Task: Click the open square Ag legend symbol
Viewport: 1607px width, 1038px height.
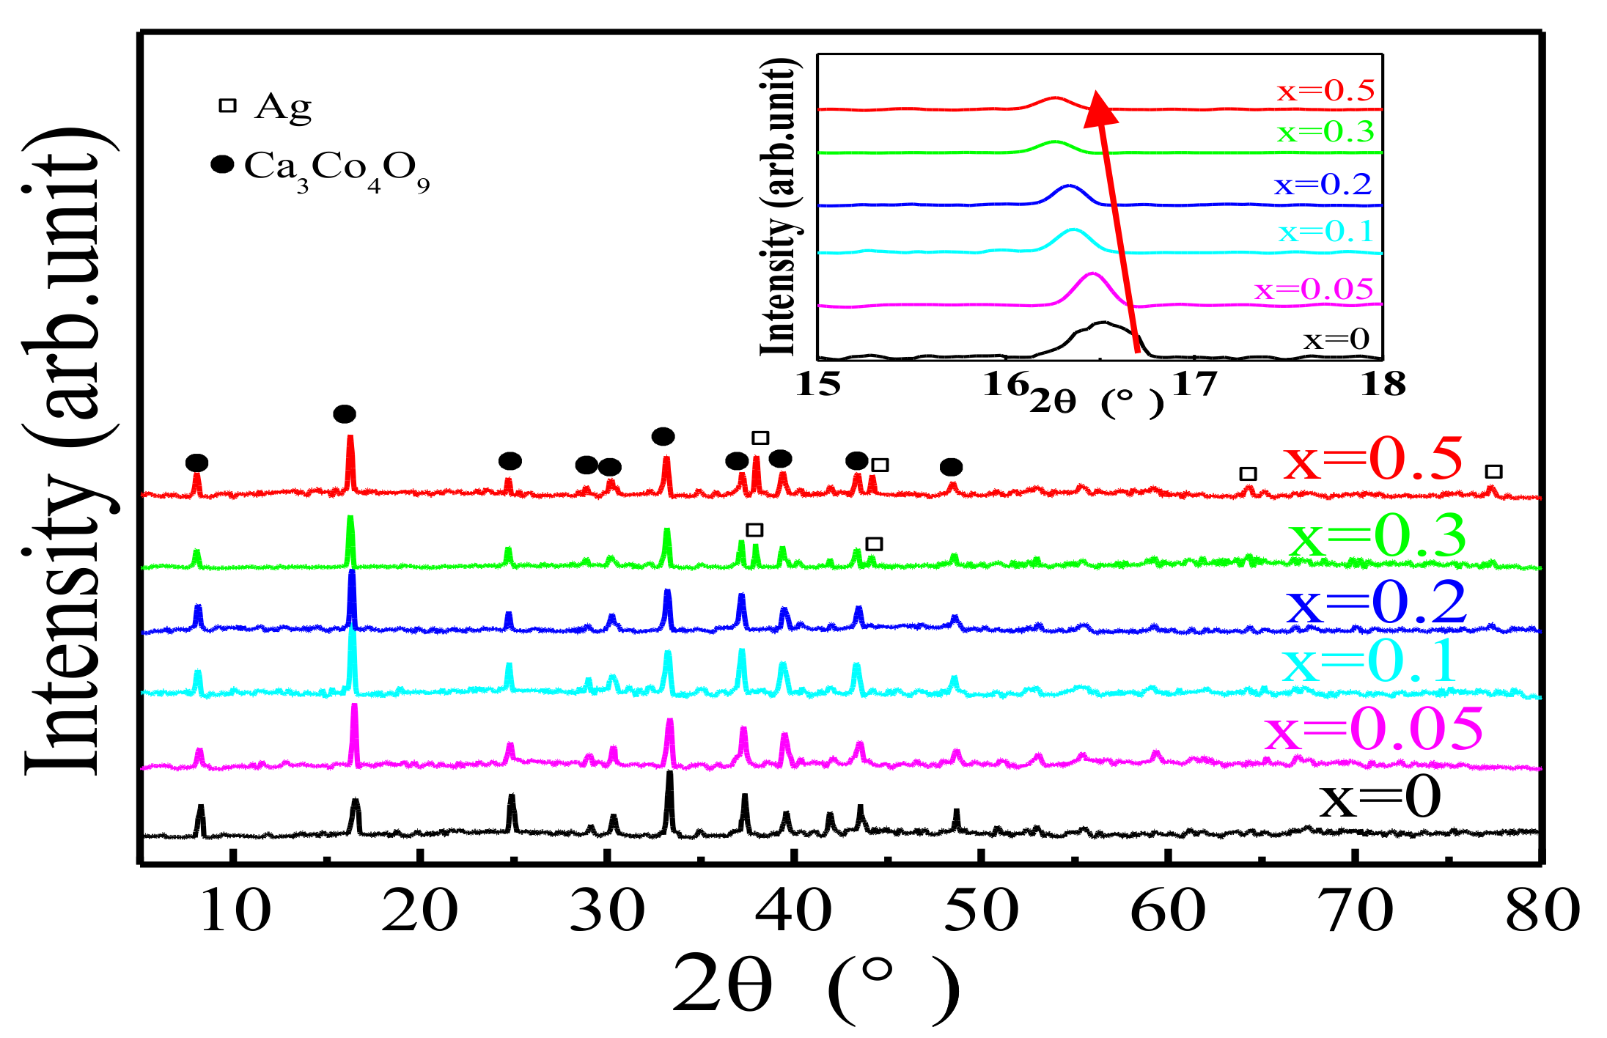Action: pos(228,106)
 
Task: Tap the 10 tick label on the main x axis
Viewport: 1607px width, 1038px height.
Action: pos(235,911)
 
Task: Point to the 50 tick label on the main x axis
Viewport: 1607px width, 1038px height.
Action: pos(982,911)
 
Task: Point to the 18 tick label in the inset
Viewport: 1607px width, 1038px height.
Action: pos(1383,384)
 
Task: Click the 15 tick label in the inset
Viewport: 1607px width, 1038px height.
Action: pos(818,384)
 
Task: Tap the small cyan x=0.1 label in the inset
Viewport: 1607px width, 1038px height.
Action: pos(1325,232)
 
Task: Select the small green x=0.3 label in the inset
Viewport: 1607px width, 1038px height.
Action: pos(1325,133)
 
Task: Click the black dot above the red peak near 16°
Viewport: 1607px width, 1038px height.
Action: pos(345,414)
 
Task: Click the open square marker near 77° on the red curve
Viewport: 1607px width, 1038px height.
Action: pos(1493,471)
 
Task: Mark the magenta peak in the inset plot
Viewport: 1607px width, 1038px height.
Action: pos(1092,276)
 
